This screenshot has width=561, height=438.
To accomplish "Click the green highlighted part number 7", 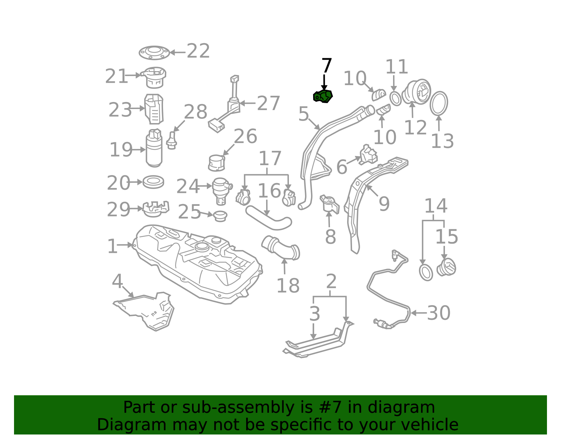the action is [x=323, y=96].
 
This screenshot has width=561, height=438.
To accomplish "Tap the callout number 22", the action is [x=198, y=51].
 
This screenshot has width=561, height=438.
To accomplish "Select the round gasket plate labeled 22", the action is [x=154, y=53].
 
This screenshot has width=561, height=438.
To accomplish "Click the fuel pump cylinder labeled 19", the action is [x=154, y=148].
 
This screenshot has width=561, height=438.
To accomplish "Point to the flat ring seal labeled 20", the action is [x=153, y=182].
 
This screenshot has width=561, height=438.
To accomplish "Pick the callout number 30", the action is [x=439, y=313].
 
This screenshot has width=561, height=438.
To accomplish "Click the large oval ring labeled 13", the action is [x=439, y=103].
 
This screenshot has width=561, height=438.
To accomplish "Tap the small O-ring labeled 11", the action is [x=395, y=98].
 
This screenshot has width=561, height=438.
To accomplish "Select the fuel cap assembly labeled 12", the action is [x=416, y=92].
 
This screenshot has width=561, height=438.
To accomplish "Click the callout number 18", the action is [x=288, y=285].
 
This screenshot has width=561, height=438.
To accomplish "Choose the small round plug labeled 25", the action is [x=220, y=216].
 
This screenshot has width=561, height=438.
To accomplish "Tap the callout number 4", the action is [x=117, y=281].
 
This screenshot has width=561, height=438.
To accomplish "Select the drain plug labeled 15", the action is [x=446, y=267].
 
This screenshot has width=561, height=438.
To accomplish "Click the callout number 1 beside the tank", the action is [x=112, y=246].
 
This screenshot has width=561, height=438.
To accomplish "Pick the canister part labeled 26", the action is [x=216, y=163].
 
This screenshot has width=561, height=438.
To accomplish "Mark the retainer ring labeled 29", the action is [x=156, y=209].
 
